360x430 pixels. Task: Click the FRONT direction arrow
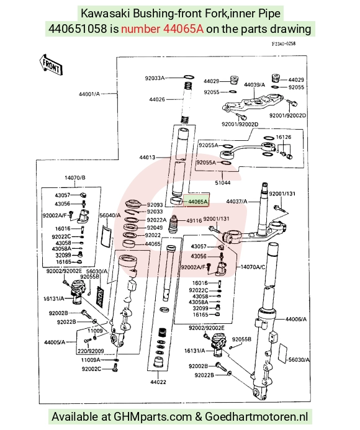coord(51,65)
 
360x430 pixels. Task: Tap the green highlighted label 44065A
coord(197,202)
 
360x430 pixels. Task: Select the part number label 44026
coord(157,99)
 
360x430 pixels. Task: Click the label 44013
coord(147,158)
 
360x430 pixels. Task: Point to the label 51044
coord(223,182)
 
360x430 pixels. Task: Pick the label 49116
coord(194,220)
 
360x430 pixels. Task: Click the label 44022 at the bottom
coord(158,382)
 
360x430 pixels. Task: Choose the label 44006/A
coord(296,319)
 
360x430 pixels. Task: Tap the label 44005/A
coord(55,343)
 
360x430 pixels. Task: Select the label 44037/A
coord(236,202)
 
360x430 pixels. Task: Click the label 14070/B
coord(75,177)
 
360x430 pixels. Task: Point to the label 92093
coord(155,205)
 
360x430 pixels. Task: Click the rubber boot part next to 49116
coord(173,225)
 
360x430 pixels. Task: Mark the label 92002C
coord(91,369)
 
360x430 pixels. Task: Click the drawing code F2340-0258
coord(284,44)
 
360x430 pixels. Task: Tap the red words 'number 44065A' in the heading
coord(162,29)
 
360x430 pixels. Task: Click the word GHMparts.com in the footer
coord(153,416)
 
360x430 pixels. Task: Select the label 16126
coord(284,137)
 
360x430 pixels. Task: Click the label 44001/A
coord(89,94)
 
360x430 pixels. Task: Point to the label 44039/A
coord(254,85)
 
